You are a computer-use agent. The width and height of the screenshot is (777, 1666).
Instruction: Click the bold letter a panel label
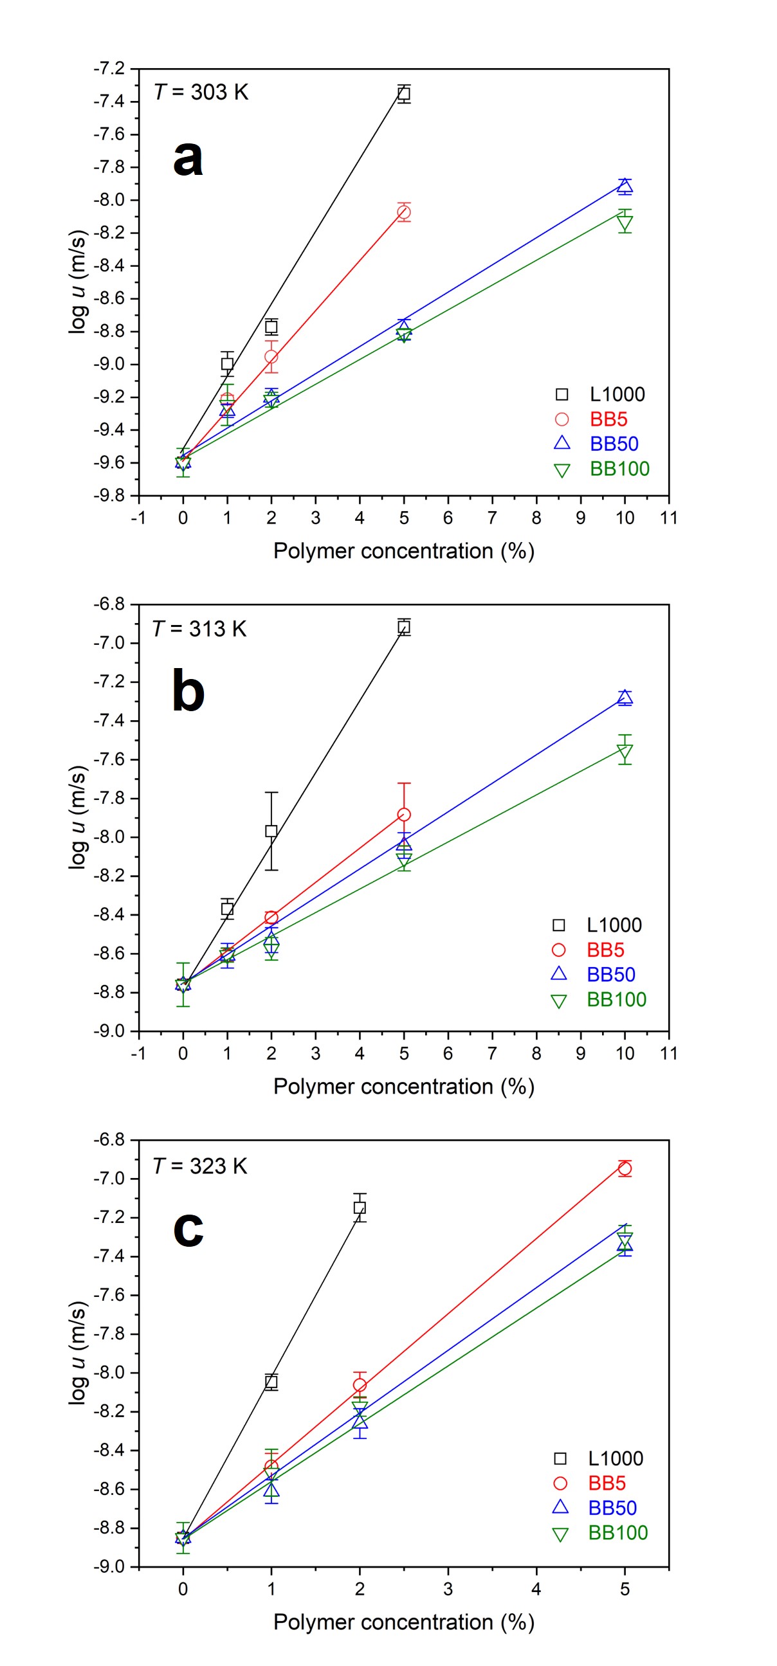click(x=188, y=158)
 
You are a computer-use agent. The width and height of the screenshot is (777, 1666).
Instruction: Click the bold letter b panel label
click(x=188, y=691)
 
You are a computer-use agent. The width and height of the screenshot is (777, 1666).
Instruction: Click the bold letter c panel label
click(x=188, y=1228)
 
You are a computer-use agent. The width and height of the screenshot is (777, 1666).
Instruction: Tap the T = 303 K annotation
click(x=201, y=93)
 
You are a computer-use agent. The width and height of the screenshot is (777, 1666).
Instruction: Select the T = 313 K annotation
click(x=199, y=629)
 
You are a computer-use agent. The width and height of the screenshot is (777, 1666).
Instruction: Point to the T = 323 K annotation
click(x=200, y=1166)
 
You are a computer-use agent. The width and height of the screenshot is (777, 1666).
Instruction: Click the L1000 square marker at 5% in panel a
click(x=404, y=94)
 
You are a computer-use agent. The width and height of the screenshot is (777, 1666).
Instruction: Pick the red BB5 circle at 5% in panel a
click(x=404, y=212)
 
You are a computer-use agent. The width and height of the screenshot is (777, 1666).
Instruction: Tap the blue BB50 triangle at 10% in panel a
click(x=625, y=187)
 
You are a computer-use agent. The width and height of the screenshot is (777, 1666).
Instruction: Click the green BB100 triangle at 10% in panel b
click(x=625, y=752)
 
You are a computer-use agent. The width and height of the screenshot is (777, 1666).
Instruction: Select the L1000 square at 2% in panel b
click(x=271, y=831)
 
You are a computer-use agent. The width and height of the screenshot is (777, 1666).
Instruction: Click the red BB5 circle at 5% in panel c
click(x=625, y=1169)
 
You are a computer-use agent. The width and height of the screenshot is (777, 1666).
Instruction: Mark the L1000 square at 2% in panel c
click(x=360, y=1208)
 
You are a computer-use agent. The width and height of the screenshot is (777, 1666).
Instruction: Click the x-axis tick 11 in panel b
click(x=668, y=1053)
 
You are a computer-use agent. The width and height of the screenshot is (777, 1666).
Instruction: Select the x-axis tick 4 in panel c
click(x=536, y=1589)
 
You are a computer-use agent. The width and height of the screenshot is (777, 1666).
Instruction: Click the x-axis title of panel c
click(x=404, y=1623)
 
